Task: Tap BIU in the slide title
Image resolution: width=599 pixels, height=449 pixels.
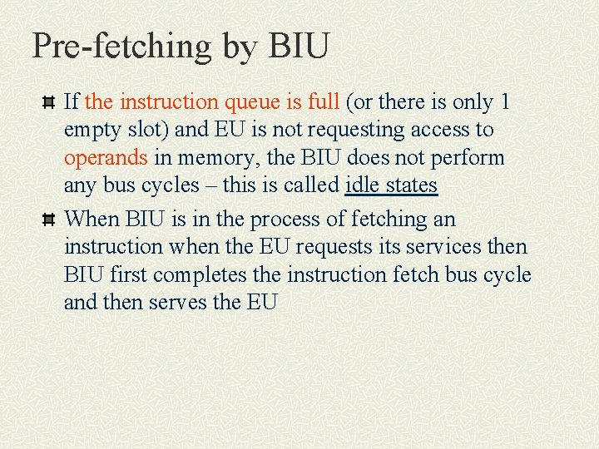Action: click(x=299, y=46)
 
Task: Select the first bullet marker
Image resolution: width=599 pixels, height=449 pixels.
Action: click(x=48, y=103)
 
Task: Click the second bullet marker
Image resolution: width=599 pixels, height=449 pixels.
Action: click(x=48, y=220)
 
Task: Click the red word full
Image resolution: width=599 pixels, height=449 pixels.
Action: click(x=324, y=102)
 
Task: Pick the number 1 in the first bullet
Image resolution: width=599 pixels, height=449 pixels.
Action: click(x=504, y=102)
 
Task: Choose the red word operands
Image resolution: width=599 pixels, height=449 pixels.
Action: click(x=106, y=158)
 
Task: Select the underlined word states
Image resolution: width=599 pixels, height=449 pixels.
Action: click(x=409, y=185)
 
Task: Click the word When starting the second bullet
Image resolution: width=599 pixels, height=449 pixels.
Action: click(x=92, y=219)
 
